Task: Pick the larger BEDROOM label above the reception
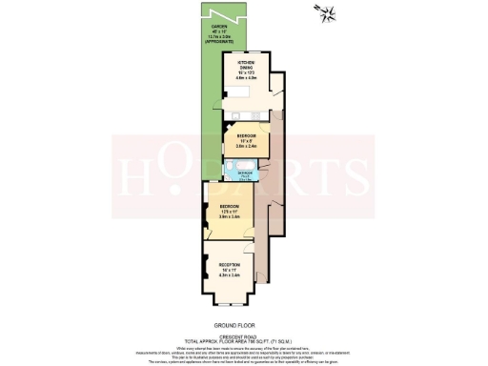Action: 229,207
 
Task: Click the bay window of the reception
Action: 229,303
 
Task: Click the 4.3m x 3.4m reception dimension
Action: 229,276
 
